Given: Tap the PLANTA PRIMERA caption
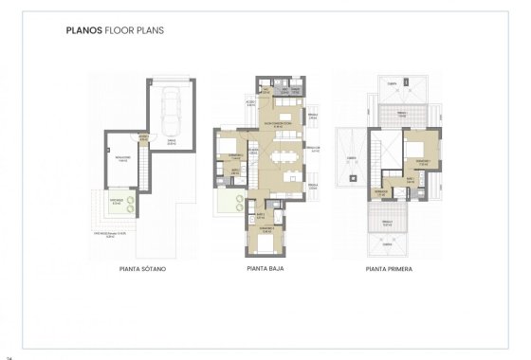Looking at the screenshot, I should click(x=394, y=268).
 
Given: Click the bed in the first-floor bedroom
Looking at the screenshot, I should click(x=414, y=149).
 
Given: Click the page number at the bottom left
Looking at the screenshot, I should click(x=9, y=356).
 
